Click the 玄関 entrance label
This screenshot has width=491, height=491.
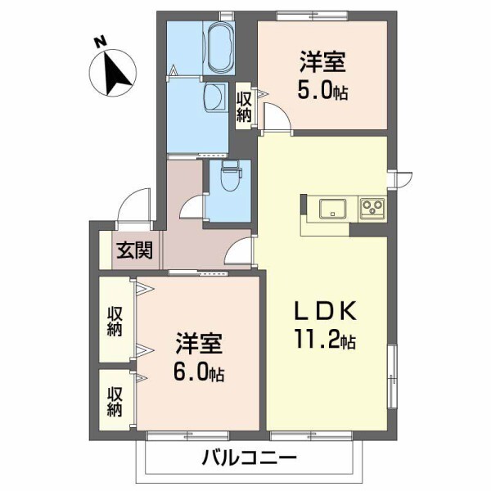131,250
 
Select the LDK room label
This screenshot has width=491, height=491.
325,312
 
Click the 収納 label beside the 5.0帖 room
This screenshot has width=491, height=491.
244,104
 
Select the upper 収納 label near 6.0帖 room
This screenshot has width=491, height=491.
114,321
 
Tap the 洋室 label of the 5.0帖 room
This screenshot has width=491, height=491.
320,61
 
